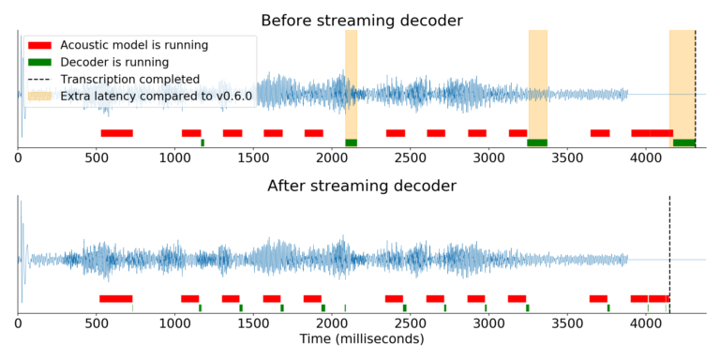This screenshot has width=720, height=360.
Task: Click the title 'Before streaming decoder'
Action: click(362, 20)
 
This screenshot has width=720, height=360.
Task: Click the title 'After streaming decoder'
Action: click(362, 186)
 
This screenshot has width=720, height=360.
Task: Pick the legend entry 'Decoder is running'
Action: click(113, 62)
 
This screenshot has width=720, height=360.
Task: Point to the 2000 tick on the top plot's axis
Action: click(332, 157)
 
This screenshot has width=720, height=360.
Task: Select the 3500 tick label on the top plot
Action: click(566, 157)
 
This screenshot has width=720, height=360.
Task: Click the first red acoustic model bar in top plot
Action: click(116, 133)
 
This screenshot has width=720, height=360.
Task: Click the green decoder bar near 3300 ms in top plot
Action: click(537, 142)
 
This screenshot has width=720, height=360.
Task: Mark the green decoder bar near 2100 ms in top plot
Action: click(351, 142)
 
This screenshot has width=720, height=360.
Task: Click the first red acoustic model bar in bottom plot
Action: click(115, 299)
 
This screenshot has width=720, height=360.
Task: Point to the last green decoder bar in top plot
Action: click(684, 142)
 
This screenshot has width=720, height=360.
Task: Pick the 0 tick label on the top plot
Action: click(19, 157)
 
